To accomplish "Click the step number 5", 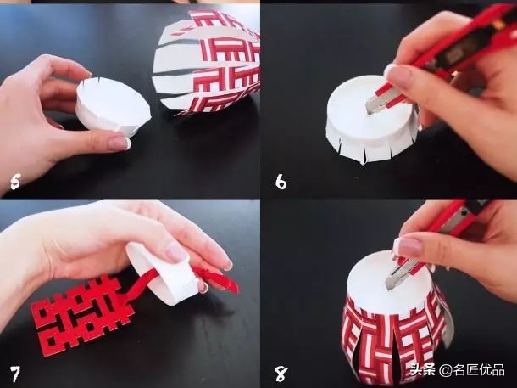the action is [15, 182].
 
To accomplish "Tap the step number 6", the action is [281, 182].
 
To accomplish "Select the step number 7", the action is [14, 374].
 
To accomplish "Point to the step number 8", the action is [281, 374].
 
